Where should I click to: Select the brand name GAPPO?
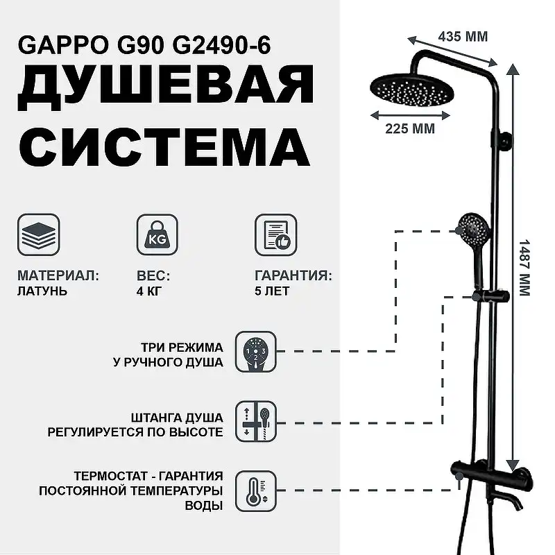tap(60, 46)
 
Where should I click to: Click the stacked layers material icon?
tap(38, 235)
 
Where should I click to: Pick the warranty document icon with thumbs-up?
tap(275, 235)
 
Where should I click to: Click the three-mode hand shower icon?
tap(256, 352)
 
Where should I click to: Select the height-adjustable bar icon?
tap(256, 421)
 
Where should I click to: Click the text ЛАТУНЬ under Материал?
tap(42, 291)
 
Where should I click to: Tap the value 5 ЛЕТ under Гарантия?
tap(272, 291)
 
